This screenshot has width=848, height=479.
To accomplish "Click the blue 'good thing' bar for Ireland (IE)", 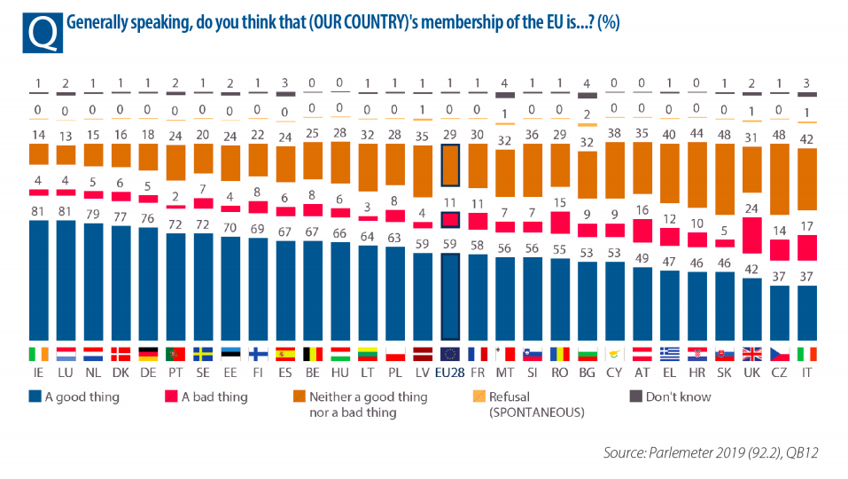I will pos(38,279).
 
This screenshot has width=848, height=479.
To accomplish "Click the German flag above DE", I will pos(148,353).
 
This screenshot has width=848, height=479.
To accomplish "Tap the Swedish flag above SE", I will pos(203,353).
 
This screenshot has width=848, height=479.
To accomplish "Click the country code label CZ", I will pos(781,373).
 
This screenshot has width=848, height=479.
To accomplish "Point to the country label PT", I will pos(175,373).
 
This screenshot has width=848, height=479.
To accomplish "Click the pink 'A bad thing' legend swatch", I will pos(167,397).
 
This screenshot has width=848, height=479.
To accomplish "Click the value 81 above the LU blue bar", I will pos(66,211).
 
